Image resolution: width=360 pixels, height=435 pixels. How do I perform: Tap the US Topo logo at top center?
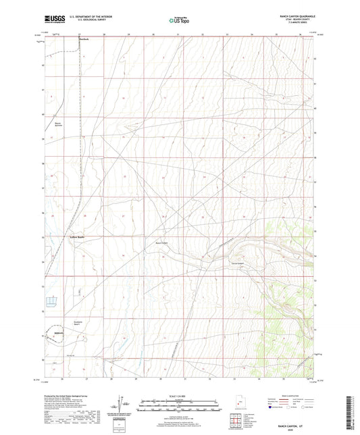tap(179, 20)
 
